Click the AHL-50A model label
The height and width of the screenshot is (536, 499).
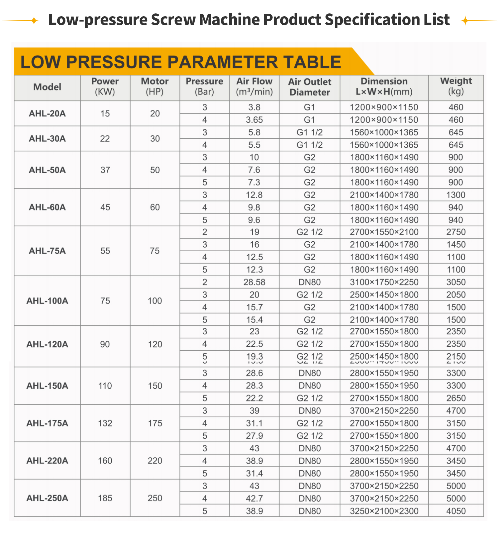pyautogui.click(x=47, y=170)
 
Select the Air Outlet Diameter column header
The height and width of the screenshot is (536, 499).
pyautogui.click(x=309, y=87)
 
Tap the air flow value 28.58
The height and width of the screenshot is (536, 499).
pyautogui.click(x=254, y=282)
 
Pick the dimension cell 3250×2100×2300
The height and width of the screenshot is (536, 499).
pyautogui.click(x=384, y=511)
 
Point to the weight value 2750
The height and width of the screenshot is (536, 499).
pyautogui.click(x=456, y=232)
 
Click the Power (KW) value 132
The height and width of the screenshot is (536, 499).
pyautogui.click(x=105, y=423)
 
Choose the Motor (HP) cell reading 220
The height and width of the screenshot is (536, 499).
pyautogui.click(x=155, y=461)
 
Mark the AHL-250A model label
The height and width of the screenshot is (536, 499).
pyautogui.click(x=47, y=498)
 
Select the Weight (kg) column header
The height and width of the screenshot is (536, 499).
pyautogui.click(x=456, y=86)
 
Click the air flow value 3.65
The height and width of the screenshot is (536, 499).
pyautogui.click(x=254, y=120)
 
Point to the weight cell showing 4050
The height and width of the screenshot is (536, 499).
pyautogui.click(x=456, y=511)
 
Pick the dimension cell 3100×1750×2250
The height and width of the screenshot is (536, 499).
pyautogui.click(x=384, y=282)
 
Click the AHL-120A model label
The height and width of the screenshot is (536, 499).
pyautogui.click(x=47, y=344)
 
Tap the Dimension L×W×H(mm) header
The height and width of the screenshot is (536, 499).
pyautogui.click(x=384, y=86)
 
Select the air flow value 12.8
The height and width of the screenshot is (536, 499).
pyautogui.click(x=254, y=195)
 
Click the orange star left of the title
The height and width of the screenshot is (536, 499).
pyautogui.click(x=34, y=21)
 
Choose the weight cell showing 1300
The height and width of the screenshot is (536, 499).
pyautogui.click(x=456, y=195)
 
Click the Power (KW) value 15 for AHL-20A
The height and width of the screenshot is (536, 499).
pyautogui.click(x=105, y=114)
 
